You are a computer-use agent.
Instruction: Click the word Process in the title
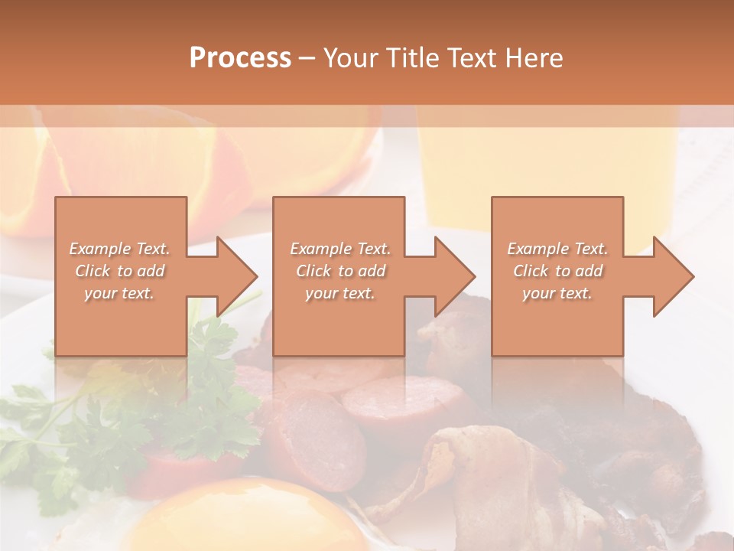(240, 58)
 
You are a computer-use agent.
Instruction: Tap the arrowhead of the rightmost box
(672, 276)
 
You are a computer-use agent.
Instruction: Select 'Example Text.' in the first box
(119, 249)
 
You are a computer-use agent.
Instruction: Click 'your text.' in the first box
(119, 293)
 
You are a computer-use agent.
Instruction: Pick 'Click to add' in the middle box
(340, 271)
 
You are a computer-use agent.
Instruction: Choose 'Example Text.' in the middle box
(340, 249)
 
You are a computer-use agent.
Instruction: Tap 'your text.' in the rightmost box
(557, 293)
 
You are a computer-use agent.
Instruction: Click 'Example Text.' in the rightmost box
(557, 249)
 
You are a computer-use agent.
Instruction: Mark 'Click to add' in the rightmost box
(557, 271)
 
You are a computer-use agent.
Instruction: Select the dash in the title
(307, 58)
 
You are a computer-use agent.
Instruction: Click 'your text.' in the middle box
(340, 293)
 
